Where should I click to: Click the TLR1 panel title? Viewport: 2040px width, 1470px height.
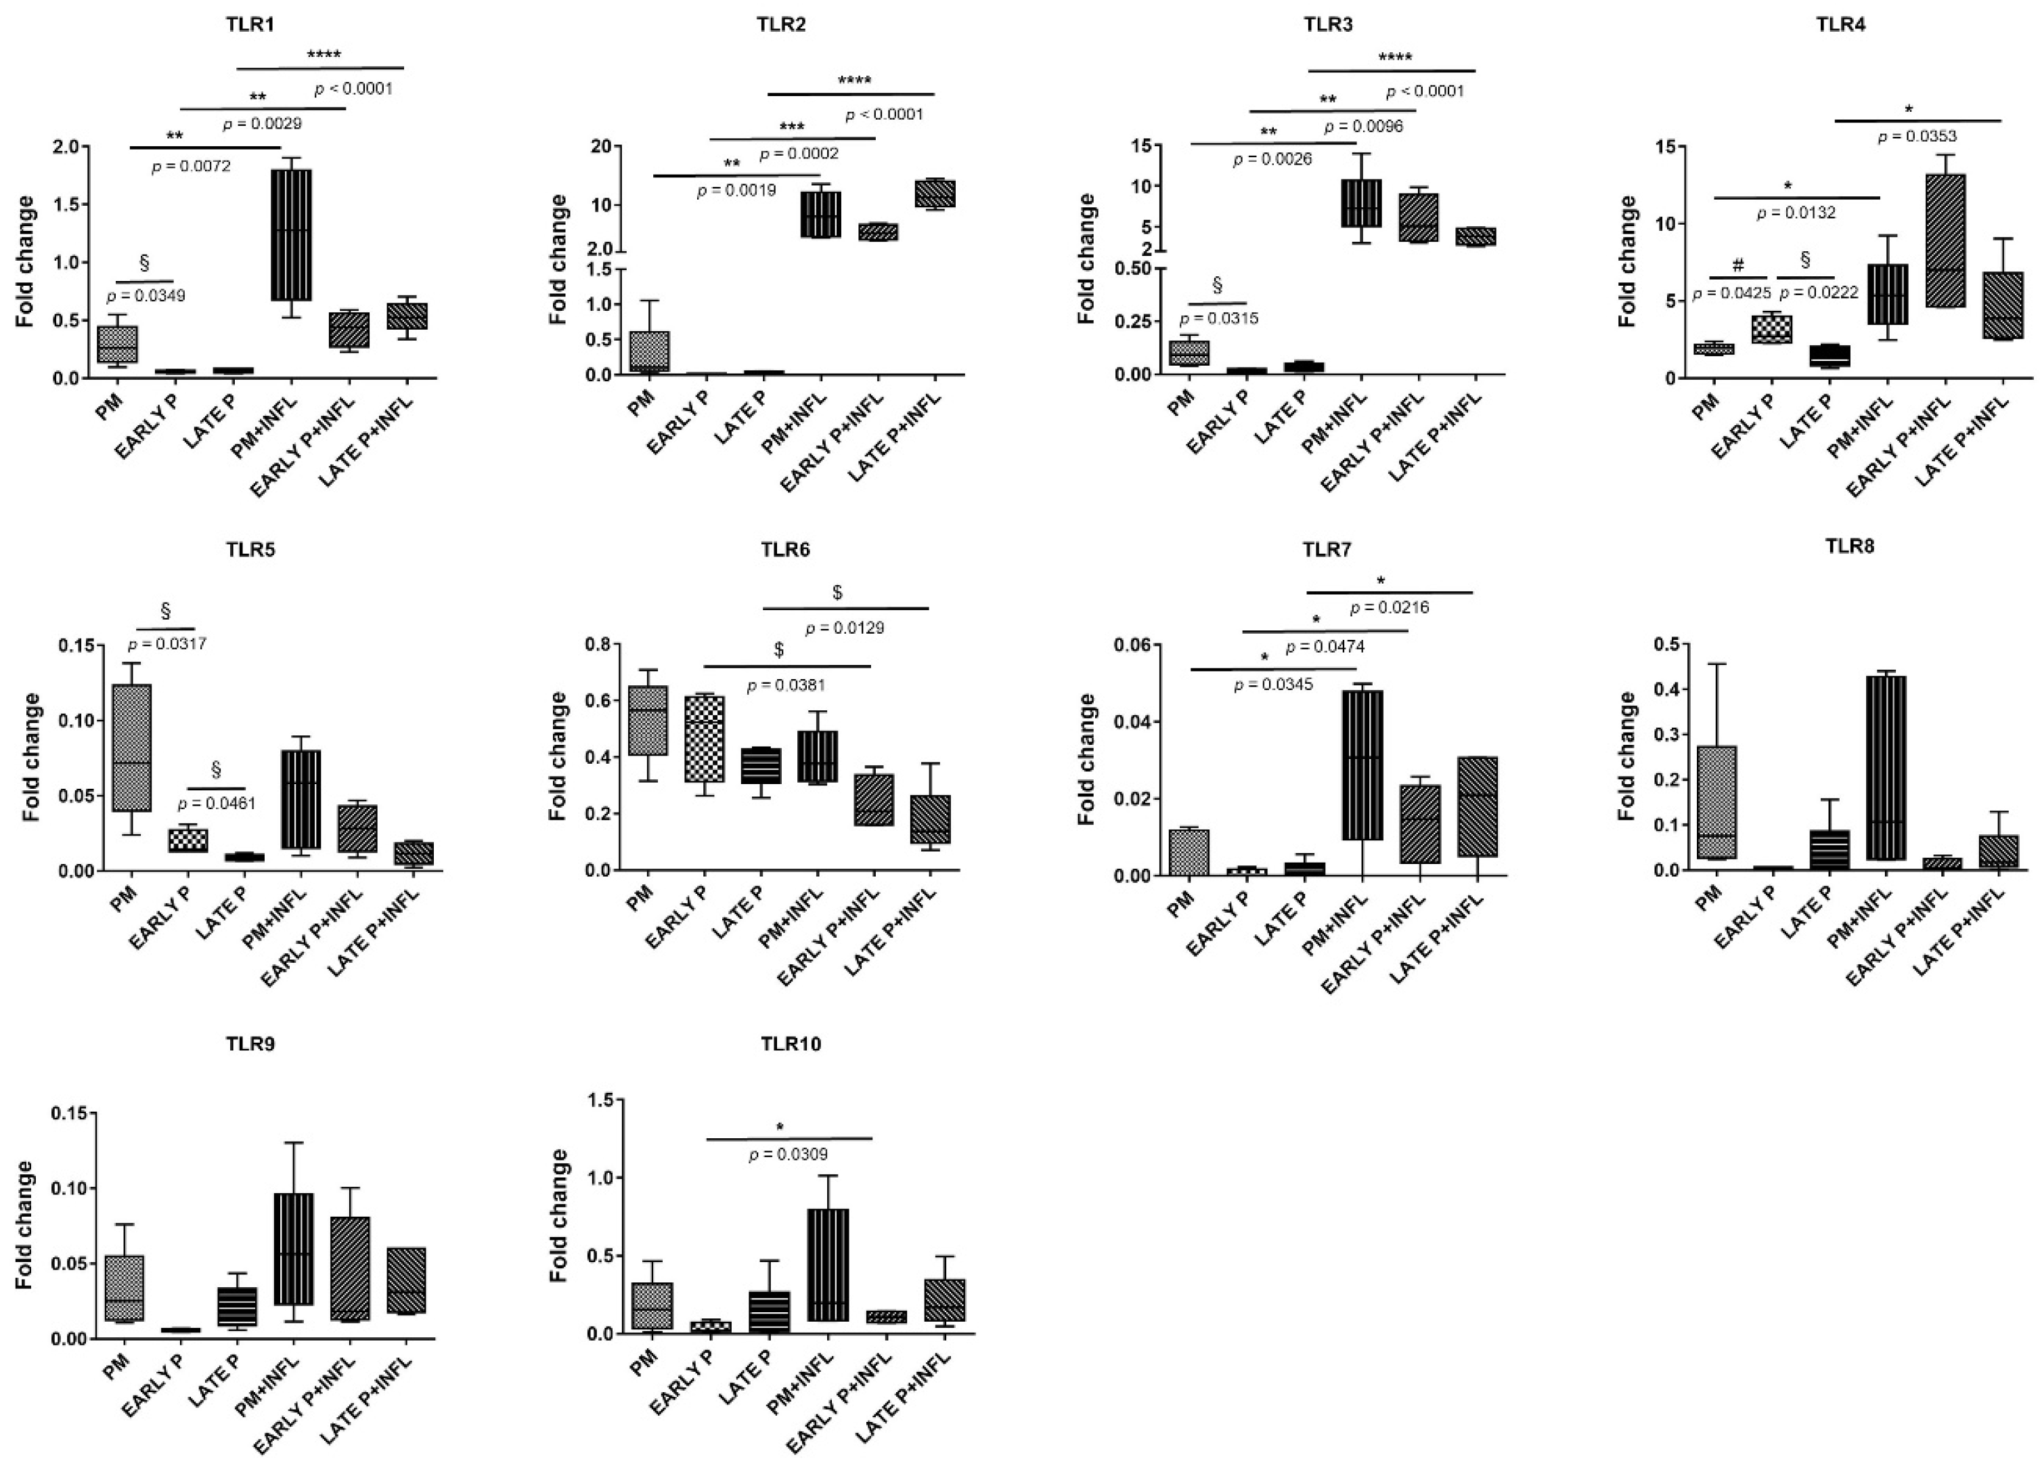click(249, 24)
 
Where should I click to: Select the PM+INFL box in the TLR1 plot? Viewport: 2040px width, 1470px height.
click(292, 234)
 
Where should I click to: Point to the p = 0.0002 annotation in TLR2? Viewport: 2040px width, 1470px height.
click(799, 154)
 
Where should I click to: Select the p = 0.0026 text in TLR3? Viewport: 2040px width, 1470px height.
click(1272, 159)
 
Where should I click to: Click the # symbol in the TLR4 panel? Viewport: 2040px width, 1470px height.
click(1737, 265)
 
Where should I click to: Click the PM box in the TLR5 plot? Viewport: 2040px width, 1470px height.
click(131, 748)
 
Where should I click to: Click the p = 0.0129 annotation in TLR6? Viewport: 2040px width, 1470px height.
click(845, 628)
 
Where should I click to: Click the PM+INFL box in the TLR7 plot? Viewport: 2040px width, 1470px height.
click(1362, 764)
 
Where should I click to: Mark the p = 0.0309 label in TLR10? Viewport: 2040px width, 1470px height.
click(788, 1154)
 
